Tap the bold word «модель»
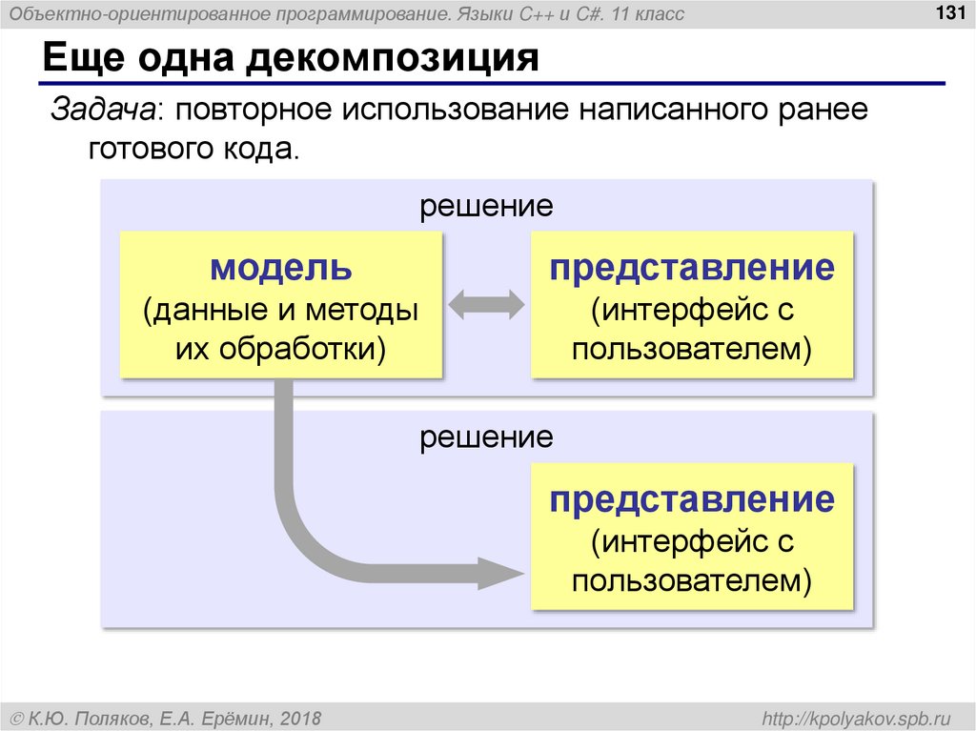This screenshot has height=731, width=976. (x=281, y=268)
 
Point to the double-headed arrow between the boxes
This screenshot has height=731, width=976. (x=487, y=304)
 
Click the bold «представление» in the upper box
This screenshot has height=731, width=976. (x=692, y=268)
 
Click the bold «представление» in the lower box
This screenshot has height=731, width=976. (x=692, y=500)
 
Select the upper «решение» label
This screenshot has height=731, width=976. (x=487, y=206)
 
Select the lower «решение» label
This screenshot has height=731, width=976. (x=487, y=437)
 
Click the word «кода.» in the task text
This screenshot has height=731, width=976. (x=265, y=150)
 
